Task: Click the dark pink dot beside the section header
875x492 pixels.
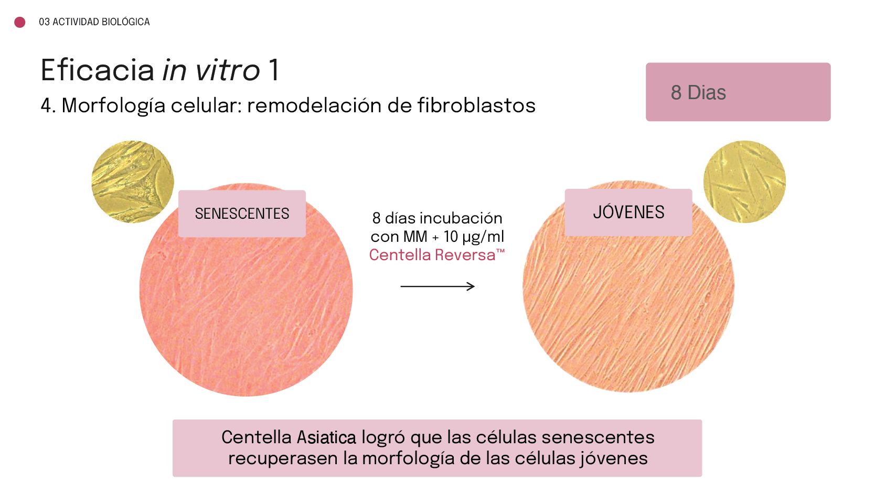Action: [x=20, y=22]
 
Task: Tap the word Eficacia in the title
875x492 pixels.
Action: [x=98, y=70]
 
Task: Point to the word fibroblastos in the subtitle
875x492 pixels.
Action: [x=476, y=105]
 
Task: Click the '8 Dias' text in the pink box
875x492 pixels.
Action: [x=698, y=92]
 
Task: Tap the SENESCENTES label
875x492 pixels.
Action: [x=242, y=213]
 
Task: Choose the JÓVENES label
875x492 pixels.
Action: [x=628, y=212]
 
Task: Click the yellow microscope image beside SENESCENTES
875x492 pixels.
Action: [x=133, y=182]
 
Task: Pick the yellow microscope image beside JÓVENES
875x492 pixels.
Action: [x=744, y=182]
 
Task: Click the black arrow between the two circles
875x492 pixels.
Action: [x=437, y=286]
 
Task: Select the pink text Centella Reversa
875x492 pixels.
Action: [x=437, y=255]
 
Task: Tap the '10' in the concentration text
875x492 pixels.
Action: [x=451, y=237]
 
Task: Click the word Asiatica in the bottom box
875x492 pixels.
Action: [x=326, y=437]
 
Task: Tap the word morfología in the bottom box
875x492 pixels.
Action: [x=408, y=458]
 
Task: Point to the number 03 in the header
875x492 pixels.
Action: [x=44, y=22]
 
